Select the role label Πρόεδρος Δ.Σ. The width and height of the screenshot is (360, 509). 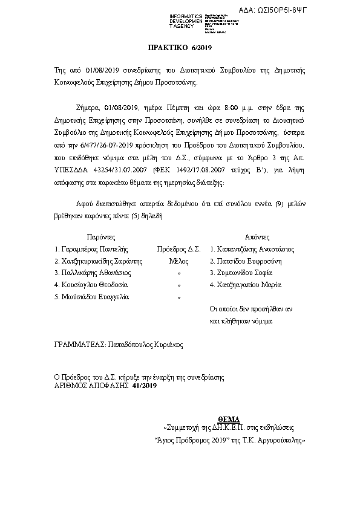click(178, 248)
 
